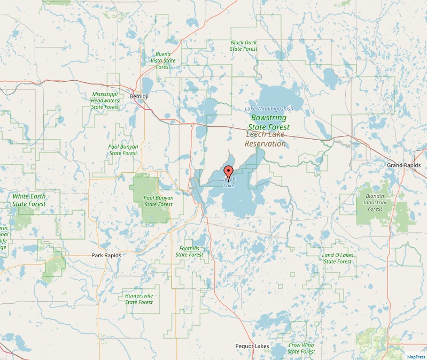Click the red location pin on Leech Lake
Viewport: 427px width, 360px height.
(229, 173)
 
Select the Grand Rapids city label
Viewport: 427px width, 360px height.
(403, 165)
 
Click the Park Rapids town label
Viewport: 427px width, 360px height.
(106, 255)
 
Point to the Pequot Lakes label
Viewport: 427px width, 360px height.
(252, 346)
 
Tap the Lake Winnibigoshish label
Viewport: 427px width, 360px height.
(269, 109)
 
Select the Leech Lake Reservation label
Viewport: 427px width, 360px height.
(266, 140)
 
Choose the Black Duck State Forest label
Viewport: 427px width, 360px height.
(244, 45)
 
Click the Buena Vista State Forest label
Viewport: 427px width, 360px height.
(164, 60)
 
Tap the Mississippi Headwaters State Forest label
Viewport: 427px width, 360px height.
(105, 101)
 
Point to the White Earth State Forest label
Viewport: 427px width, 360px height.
(29, 200)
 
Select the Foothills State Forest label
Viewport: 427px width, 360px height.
(190, 251)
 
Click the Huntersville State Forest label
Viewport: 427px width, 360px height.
(139, 298)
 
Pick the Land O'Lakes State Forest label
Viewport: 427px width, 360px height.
(337, 258)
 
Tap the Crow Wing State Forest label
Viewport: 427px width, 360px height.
(301, 348)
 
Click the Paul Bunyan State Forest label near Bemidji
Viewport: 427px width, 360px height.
(123, 150)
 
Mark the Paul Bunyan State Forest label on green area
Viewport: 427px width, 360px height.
(158, 201)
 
